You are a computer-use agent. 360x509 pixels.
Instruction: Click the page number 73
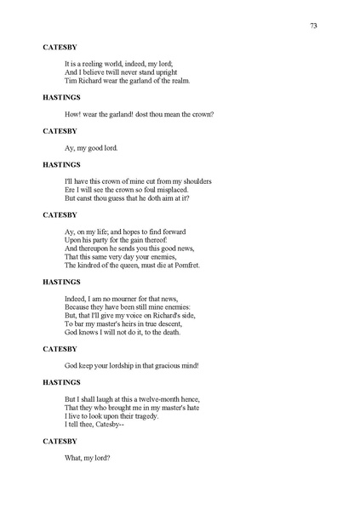[x=313, y=26]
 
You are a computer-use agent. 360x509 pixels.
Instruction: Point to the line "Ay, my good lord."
[x=92, y=147]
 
